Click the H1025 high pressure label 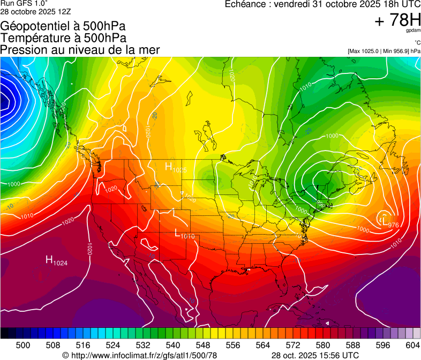click(x=176, y=168)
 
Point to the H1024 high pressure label click(x=56, y=261)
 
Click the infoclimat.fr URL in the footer click(x=140, y=355)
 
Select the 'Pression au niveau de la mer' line click(x=80, y=50)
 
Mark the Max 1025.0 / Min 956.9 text click(x=384, y=51)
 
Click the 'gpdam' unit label click(x=413, y=31)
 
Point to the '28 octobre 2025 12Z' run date click(x=35, y=11)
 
